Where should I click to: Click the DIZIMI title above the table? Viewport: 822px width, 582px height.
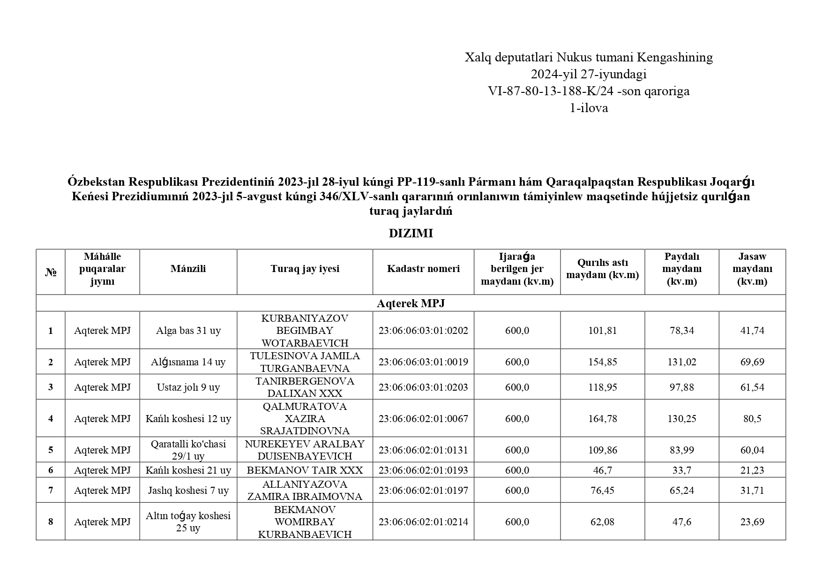pos(411,234)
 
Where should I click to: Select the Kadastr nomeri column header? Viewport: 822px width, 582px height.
pos(423,269)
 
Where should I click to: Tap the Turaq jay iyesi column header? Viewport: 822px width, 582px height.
pos(305,269)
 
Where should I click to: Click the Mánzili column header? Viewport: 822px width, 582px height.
pos(188,269)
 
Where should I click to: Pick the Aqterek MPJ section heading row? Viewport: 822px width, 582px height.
pos(411,303)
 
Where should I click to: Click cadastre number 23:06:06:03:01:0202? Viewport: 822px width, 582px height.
pos(423,331)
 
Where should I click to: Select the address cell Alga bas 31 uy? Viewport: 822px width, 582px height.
pos(188,331)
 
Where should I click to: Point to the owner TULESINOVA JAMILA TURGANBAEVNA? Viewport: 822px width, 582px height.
pos(305,362)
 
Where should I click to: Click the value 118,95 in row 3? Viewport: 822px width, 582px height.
pos(602,387)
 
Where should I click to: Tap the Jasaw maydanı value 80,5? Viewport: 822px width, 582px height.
pos(752,419)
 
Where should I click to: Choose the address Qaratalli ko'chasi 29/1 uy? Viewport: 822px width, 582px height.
pos(188,450)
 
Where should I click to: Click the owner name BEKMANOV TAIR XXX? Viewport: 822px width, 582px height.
pos(305,470)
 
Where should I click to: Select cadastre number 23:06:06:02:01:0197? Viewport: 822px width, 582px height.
pos(423,491)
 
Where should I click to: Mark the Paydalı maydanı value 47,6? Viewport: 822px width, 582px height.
pos(681,522)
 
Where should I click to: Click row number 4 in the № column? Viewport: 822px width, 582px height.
pos(51,419)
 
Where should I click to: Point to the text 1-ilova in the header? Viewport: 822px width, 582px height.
pos(589,108)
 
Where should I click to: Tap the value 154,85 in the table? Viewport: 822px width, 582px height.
pos(602,362)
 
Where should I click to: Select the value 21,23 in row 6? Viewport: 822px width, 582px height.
pos(752,470)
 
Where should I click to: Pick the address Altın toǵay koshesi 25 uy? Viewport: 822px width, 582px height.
pos(188,522)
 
